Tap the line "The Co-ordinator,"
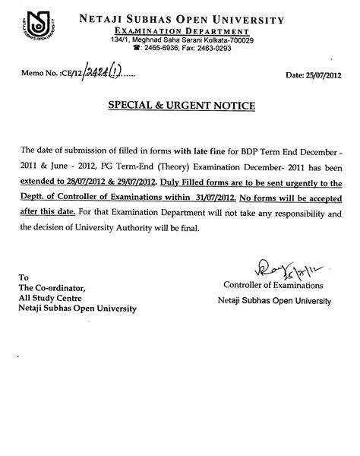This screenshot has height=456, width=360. (55, 287)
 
